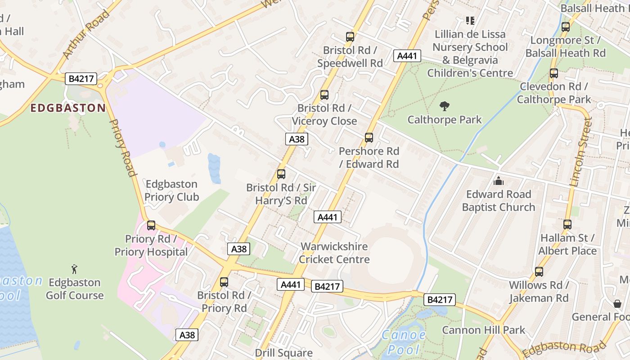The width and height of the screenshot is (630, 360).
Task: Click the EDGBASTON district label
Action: (x=68, y=108)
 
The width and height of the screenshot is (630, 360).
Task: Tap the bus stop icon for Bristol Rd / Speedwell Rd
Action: (x=350, y=37)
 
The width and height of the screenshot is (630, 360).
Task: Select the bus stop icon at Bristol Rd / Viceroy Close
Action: (x=324, y=95)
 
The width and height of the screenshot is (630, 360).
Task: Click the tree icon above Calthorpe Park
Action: (x=445, y=107)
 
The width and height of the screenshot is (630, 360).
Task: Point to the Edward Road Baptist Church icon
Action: (x=499, y=181)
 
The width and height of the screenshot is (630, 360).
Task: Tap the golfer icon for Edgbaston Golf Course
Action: (x=75, y=269)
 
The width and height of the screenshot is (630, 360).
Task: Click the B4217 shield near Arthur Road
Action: (x=81, y=79)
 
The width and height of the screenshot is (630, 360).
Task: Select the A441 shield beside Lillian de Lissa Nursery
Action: (x=407, y=56)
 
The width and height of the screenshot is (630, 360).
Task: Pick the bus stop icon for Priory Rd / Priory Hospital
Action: (x=151, y=225)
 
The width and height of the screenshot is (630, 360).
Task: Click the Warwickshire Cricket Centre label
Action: (x=334, y=253)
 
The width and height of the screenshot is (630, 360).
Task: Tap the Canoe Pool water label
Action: (x=403, y=342)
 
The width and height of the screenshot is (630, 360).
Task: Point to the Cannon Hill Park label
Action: (x=483, y=330)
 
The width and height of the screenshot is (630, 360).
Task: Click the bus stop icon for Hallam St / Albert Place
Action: (x=567, y=224)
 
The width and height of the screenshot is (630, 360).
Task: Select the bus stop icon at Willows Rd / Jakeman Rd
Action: (x=539, y=272)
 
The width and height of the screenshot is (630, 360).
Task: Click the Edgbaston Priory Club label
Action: (x=171, y=190)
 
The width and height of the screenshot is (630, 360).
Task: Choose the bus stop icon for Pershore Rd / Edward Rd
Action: (x=369, y=138)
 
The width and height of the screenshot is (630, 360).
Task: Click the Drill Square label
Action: (x=283, y=353)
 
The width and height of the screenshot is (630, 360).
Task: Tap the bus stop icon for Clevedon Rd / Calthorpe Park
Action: (x=554, y=73)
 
